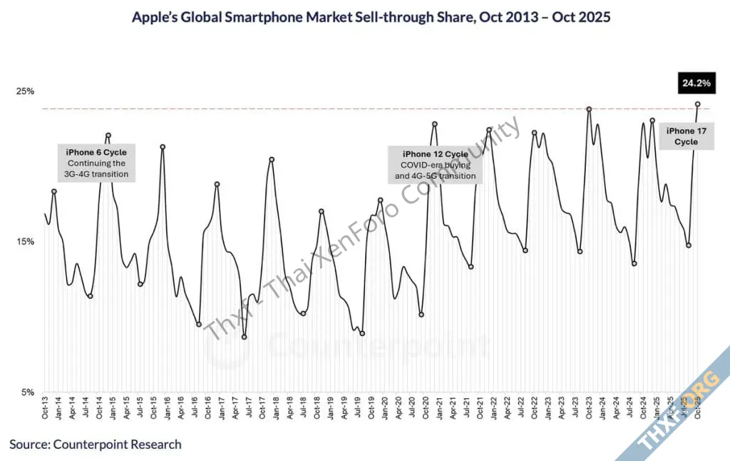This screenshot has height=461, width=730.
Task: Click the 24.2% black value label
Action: click(x=696, y=83)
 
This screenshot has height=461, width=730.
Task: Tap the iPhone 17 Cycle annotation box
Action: click(x=681, y=136)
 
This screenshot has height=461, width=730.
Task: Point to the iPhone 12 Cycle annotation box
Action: click(x=436, y=164)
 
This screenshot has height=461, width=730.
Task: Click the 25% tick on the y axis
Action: click(x=26, y=91)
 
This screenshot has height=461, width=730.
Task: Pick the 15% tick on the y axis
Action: click(x=26, y=241)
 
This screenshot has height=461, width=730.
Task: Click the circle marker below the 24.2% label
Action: click(x=697, y=104)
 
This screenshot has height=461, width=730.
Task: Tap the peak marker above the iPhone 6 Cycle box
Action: click(x=108, y=135)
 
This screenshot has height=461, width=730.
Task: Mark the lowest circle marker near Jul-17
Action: click(x=245, y=337)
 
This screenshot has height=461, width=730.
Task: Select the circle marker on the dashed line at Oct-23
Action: click(x=589, y=109)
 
